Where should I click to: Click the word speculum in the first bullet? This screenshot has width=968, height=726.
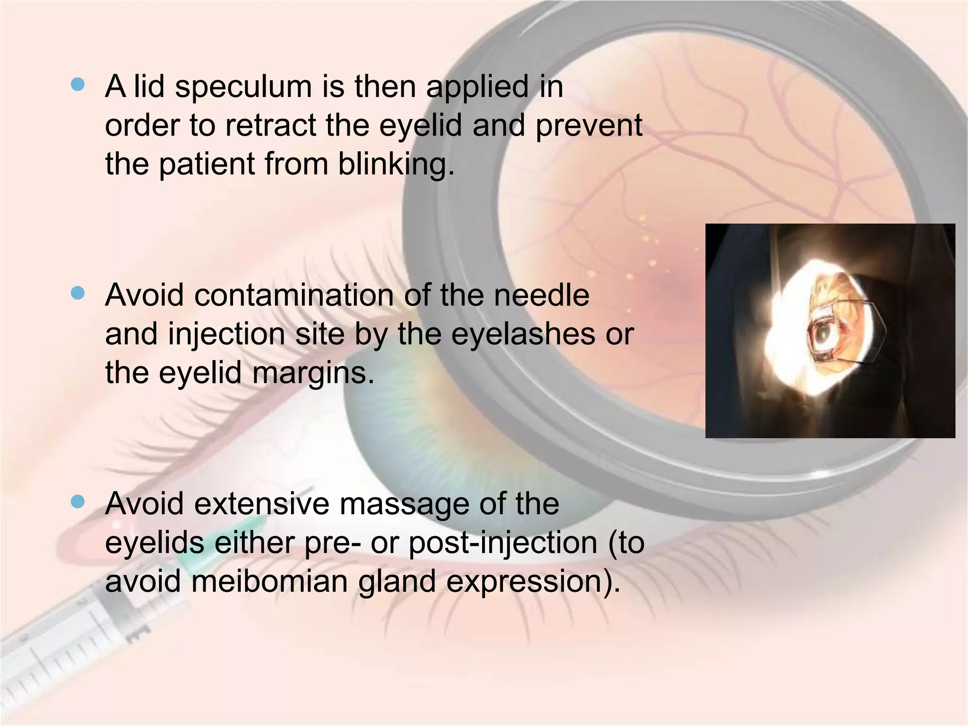click(x=243, y=88)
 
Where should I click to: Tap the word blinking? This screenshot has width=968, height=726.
click(x=396, y=165)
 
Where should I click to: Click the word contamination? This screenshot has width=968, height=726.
click(x=294, y=296)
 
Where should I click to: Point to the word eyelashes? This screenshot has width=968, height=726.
click(x=523, y=335)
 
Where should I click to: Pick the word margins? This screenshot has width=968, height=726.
click(x=313, y=373)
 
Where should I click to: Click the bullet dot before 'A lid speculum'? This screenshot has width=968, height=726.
click(x=78, y=85)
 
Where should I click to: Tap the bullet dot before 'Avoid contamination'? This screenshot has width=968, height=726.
click(x=78, y=294)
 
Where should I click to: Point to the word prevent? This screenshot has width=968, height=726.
click(x=588, y=126)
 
